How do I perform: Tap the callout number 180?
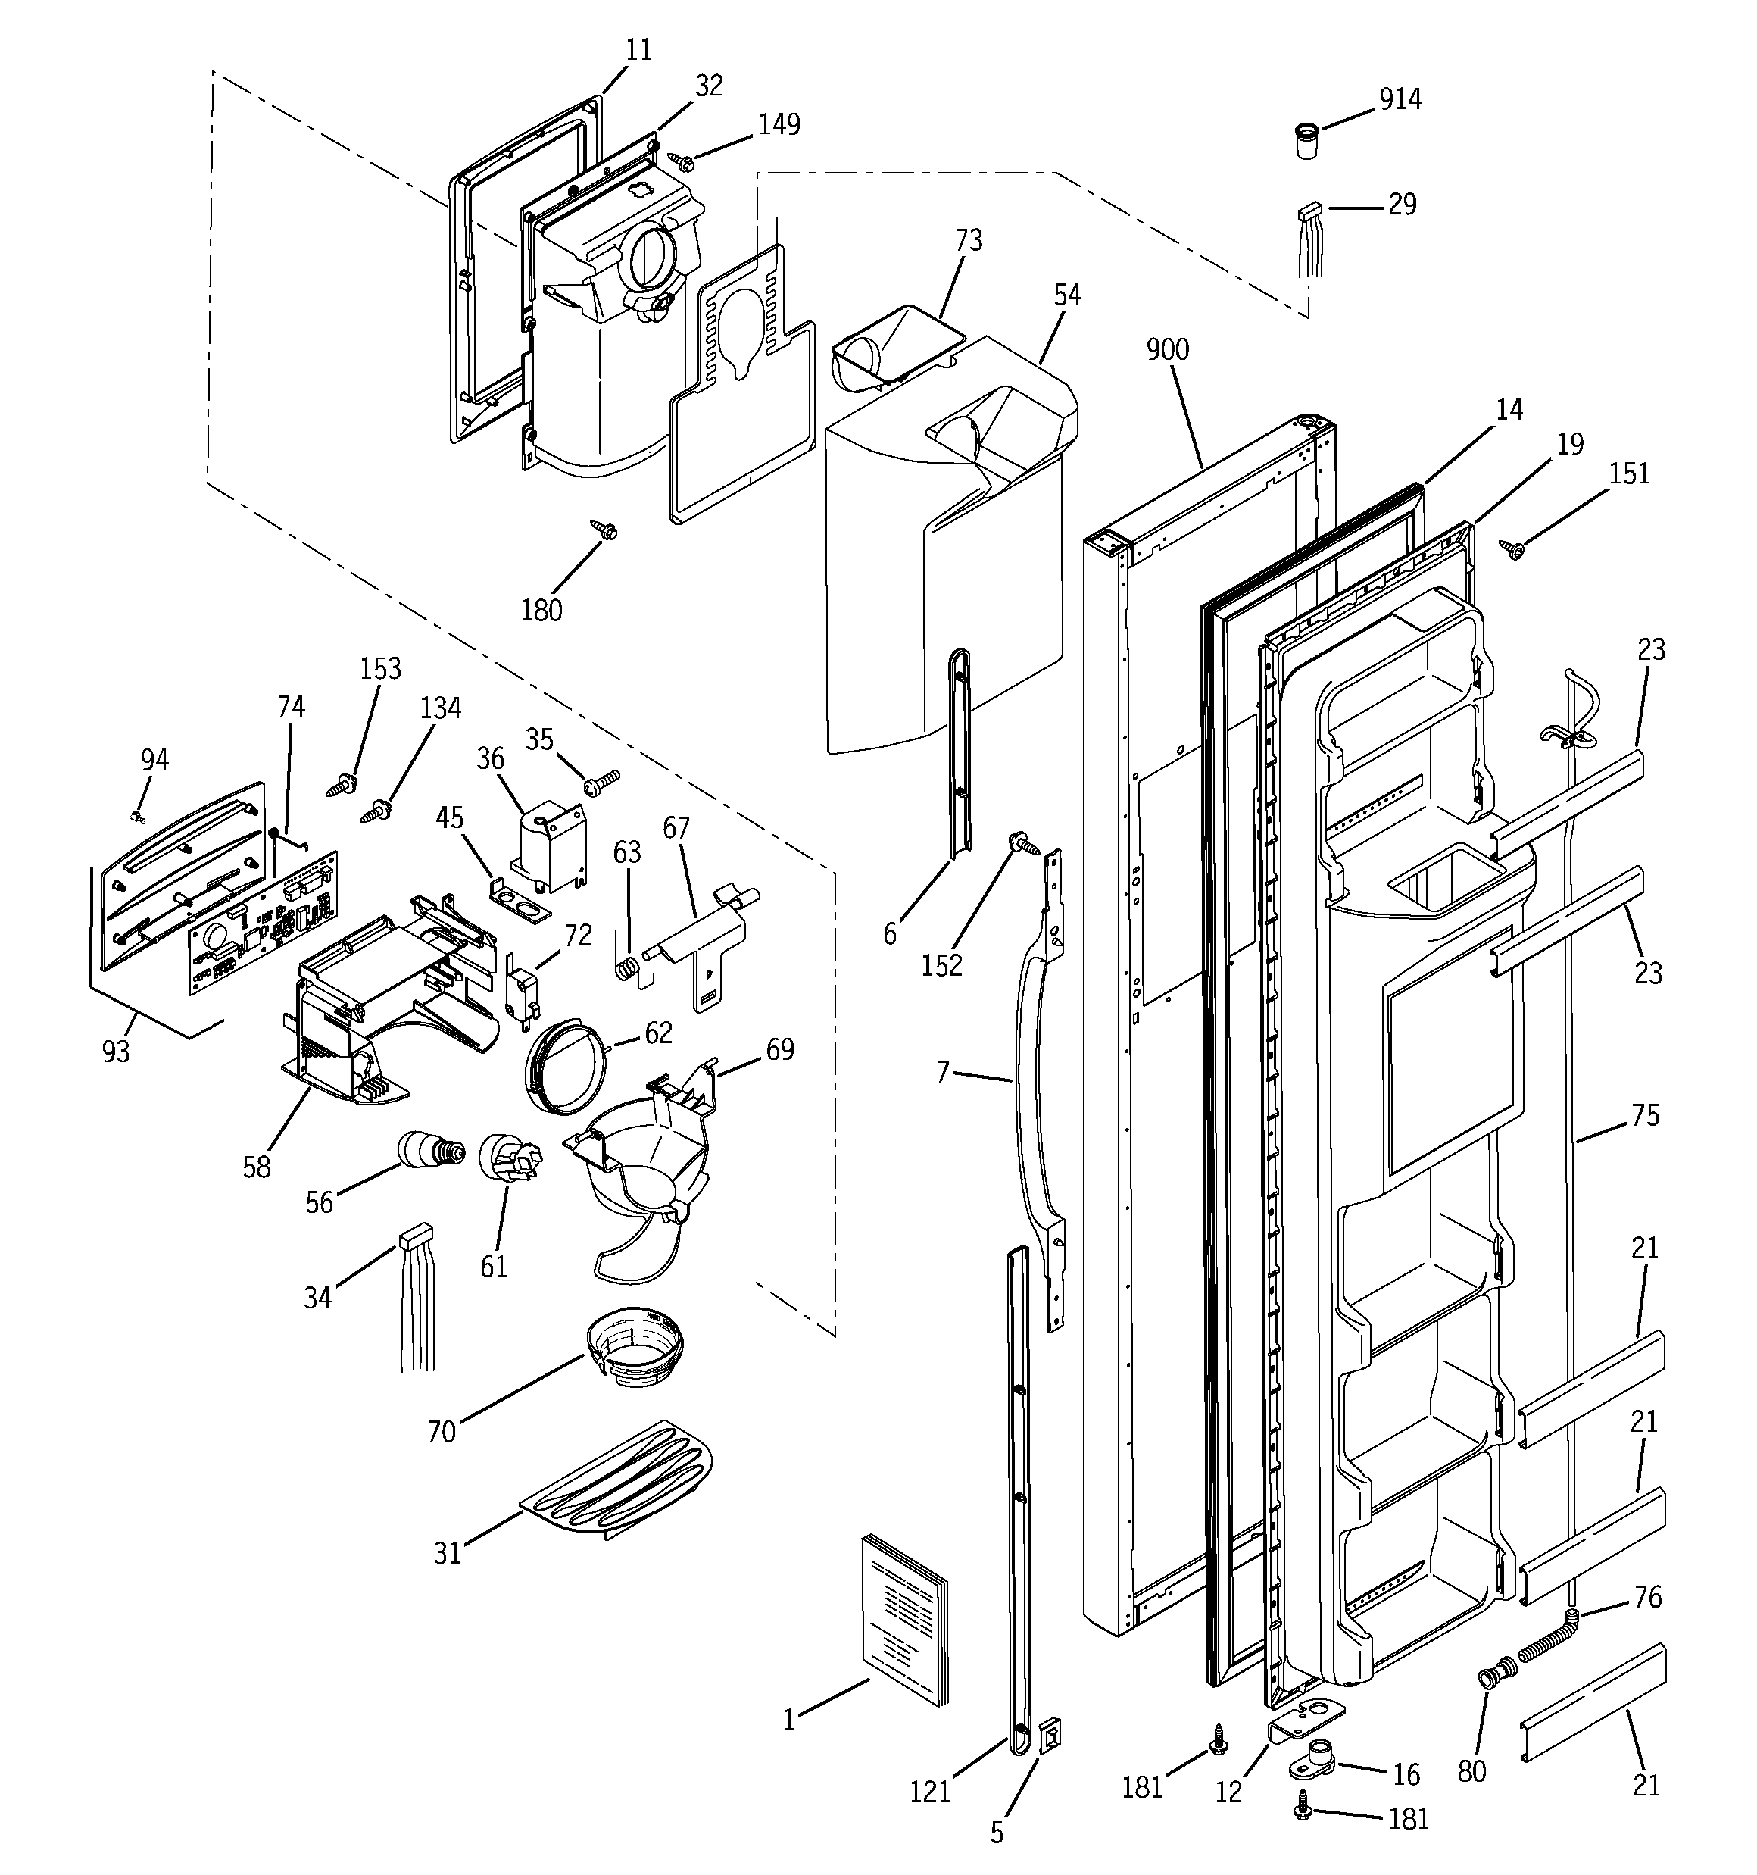coord(541,610)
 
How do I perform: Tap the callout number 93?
coord(116,1051)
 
